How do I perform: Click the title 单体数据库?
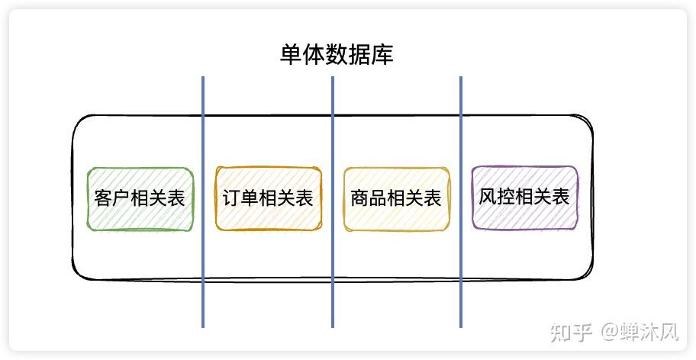click(337, 55)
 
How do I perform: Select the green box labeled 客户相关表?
click(140, 199)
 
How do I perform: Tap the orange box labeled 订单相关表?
click(269, 198)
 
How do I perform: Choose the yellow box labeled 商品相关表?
click(397, 199)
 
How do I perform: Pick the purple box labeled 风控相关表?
click(524, 198)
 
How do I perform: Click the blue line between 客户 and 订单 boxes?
click(203, 202)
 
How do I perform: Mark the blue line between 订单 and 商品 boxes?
click(333, 202)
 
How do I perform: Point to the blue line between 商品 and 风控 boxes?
click(461, 202)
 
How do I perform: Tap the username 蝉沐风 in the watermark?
click(649, 333)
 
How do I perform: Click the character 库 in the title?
click(382, 55)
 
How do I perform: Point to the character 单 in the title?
click(292, 55)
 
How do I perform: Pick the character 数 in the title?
click(337, 55)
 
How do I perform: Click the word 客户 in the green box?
click(112, 198)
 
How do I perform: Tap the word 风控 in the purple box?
click(496, 197)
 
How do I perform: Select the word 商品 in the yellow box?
click(369, 198)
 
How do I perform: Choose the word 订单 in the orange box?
click(240, 198)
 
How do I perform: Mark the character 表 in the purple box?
click(561, 197)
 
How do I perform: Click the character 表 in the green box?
click(176, 198)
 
